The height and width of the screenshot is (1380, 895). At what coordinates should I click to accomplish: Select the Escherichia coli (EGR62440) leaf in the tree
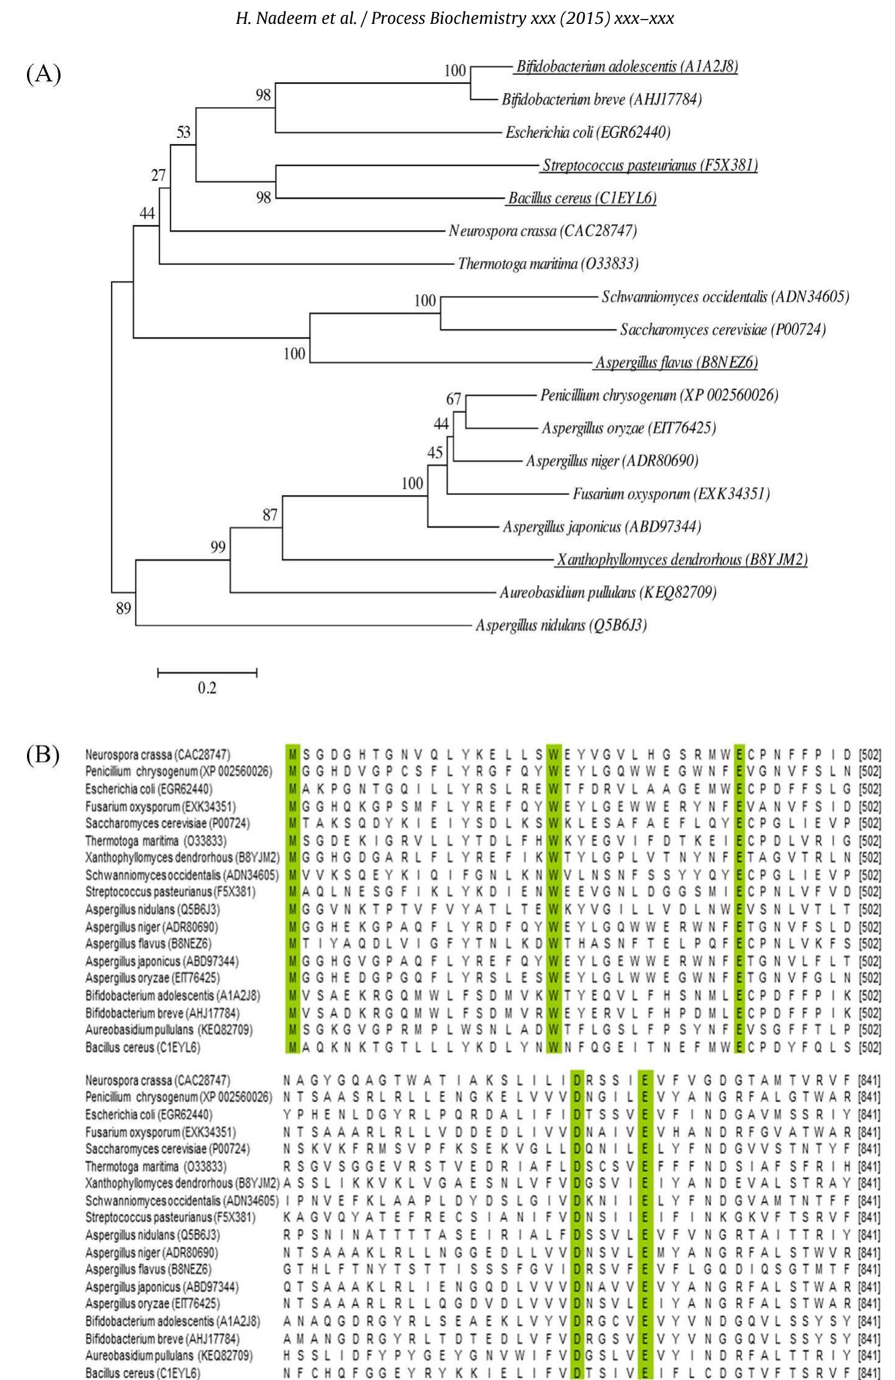[x=587, y=132]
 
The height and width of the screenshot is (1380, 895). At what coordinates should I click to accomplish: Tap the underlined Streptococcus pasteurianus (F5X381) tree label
[x=650, y=165]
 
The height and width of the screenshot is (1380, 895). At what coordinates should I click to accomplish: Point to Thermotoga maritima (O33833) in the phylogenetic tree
[x=548, y=264]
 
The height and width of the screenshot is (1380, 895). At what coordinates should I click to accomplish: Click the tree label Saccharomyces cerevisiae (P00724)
[x=723, y=330]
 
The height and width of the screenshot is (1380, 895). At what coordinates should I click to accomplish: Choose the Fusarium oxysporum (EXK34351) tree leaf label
[x=671, y=494]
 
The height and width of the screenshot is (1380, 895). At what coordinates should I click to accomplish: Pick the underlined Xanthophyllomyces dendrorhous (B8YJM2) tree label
[x=682, y=559]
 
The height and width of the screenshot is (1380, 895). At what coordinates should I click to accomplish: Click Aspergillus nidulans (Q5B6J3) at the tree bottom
[x=561, y=626]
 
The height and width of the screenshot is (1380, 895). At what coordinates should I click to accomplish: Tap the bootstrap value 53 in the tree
[x=183, y=132]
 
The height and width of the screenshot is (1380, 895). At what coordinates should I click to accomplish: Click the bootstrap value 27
[x=158, y=176]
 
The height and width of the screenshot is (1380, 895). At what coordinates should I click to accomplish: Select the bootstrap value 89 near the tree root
[x=123, y=608]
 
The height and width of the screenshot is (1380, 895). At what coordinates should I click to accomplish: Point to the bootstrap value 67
[x=453, y=400]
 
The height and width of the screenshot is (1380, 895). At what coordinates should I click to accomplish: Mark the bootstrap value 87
[x=270, y=515]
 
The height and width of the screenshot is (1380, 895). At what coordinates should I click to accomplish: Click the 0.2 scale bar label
[x=207, y=688]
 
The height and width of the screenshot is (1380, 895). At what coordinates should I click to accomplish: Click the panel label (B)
[x=43, y=755]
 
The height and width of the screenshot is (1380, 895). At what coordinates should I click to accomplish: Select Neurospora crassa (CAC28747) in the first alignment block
[x=158, y=754]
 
